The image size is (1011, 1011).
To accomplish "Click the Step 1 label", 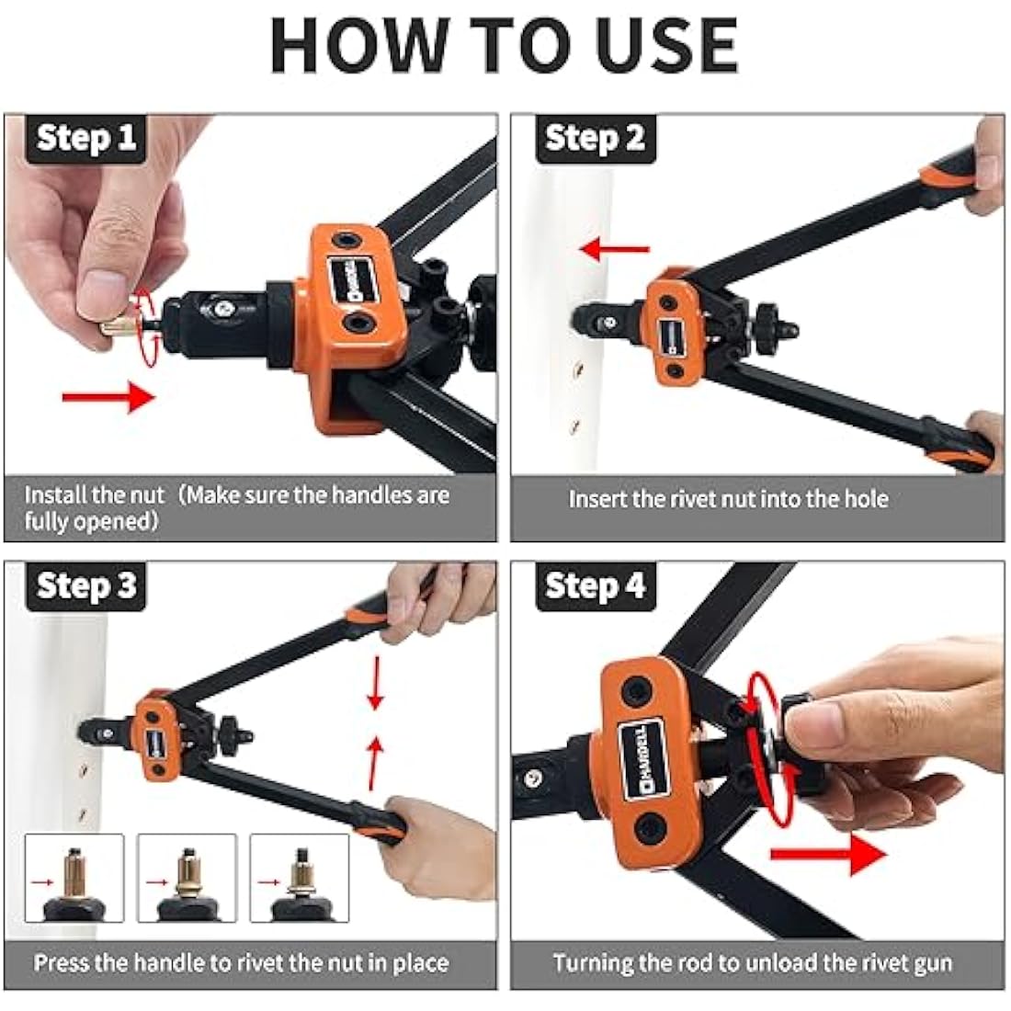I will (x=85, y=139).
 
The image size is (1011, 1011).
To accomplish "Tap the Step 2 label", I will (x=595, y=139).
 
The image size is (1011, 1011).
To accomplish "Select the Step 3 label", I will (x=85, y=586).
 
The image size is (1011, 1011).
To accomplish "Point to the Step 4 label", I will (x=595, y=586).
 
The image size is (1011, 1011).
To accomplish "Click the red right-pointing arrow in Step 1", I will (x=108, y=397).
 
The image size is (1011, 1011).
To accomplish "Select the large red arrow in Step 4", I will (x=826, y=855).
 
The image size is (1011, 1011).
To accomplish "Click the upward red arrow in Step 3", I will (x=374, y=762).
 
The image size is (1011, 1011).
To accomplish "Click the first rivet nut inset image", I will (x=74, y=878).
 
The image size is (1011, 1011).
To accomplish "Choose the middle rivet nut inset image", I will (x=187, y=878).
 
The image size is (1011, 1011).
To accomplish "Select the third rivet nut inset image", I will (x=299, y=878).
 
